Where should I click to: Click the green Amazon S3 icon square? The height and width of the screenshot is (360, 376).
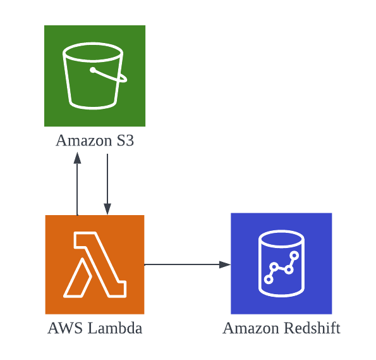tap(95, 76)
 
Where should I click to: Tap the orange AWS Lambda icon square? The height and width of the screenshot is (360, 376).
tap(95, 264)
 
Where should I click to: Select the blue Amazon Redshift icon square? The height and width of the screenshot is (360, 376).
tap(281, 263)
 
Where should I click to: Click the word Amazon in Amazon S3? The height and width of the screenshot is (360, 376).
tap(83, 140)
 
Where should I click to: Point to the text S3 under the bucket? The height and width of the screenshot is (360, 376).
tap(125, 140)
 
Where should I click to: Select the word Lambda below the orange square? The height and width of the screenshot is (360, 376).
tap(115, 328)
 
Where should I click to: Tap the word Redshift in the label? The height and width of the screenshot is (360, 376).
tap(312, 328)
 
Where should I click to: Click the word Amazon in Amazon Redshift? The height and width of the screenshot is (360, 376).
tap(251, 328)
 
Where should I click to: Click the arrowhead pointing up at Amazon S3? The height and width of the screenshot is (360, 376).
tap(77, 158)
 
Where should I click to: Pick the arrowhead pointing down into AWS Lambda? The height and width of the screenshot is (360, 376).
tap(107, 209)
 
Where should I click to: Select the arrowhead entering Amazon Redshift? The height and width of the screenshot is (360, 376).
tap(225, 264)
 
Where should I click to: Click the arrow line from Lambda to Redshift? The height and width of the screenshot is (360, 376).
tap(187, 264)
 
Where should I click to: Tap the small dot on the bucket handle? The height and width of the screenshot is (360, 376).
tap(92, 70)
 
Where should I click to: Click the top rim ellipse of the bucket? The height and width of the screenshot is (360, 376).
tap(93, 53)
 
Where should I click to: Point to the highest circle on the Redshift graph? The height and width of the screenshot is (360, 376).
tap(294, 256)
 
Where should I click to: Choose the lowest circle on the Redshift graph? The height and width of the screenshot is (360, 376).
tap(269, 279)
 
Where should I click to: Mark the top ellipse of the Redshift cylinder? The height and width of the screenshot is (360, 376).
tap(281, 239)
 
